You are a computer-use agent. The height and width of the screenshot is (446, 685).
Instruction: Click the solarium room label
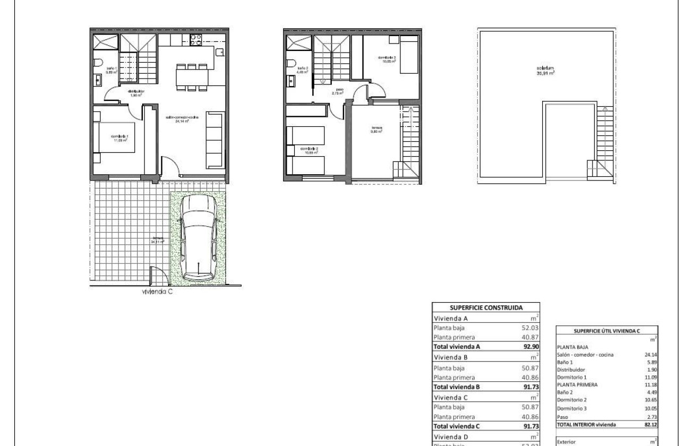pyautogui.click(x=545, y=71)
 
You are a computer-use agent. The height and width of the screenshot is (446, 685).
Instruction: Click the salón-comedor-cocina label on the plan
pyautogui.click(x=182, y=118)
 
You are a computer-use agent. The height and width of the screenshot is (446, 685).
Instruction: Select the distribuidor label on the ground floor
pyautogui.click(x=136, y=93)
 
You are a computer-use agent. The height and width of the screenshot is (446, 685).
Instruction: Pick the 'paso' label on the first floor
pyautogui.click(x=338, y=91)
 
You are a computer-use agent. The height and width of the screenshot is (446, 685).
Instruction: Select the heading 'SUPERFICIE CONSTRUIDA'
pyautogui.click(x=486, y=307)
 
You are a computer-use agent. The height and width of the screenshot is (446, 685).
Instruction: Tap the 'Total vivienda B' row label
pyautogui.click(x=457, y=387)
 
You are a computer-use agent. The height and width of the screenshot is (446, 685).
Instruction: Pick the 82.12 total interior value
pyautogui.click(x=650, y=425)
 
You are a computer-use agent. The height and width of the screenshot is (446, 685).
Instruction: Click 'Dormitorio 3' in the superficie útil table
pyautogui.click(x=571, y=408)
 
